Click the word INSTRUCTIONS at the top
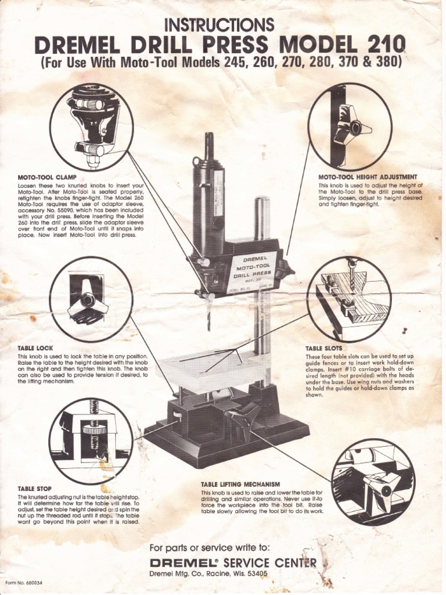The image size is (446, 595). pyautogui.click(x=219, y=24)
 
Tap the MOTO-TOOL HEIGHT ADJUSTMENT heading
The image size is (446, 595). pyautogui.click(x=368, y=177)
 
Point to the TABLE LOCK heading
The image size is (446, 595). pyautogui.click(x=35, y=348)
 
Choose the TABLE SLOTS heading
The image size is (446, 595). pyautogui.click(x=323, y=348)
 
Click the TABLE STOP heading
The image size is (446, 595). pyautogui.click(x=35, y=489)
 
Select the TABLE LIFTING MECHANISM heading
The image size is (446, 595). pyautogui.click(x=240, y=484)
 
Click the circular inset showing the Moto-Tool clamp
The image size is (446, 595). pyautogui.click(x=91, y=127)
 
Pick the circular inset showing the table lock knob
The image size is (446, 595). pyautogui.click(x=91, y=299)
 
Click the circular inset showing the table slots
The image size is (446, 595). pyautogui.click(x=349, y=299)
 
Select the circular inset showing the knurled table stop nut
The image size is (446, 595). pyautogui.click(x=91, y=441)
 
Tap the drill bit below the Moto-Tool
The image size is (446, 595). pyautogui.click(x=209, y=314)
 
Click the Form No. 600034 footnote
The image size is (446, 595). pyautogui.click(x=23, y=583)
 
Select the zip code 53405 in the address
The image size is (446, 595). pyautogui.click(x=256, y=574)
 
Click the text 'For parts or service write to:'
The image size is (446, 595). pyautogui.click(x=209, y=548)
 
